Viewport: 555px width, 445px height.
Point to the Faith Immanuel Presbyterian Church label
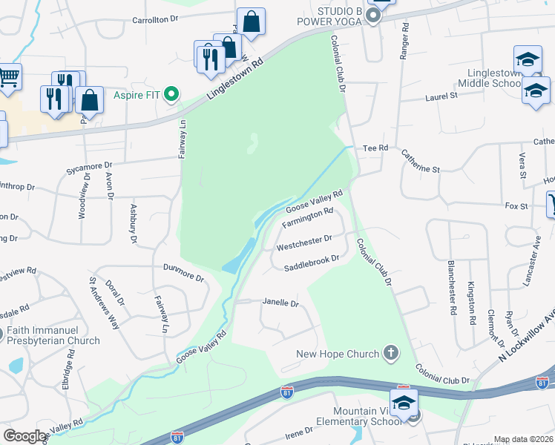coord(52,335)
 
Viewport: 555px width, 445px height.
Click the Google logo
coord(24,436)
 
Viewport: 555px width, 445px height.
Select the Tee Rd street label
coord(375,148)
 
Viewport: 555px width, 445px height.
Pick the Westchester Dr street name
coord(303,243)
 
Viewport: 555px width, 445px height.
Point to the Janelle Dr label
coord(280,303)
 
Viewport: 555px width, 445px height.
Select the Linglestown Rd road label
coord(235,77)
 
